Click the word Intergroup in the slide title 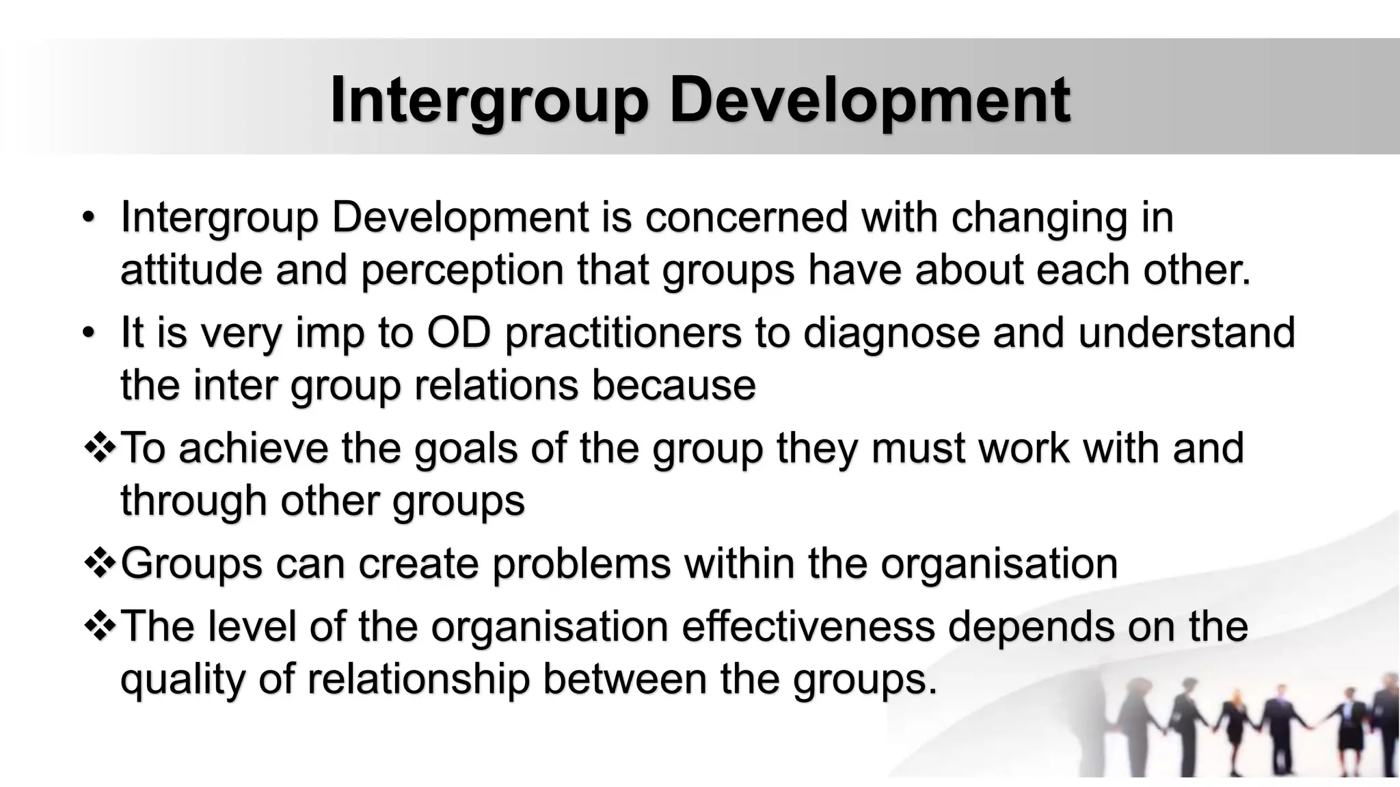pos(488,101)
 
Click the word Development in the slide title pos(870,101)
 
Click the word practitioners pos(623,334)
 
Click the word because pos(673,385)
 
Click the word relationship pos(418,679)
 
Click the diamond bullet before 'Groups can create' pos(100,564)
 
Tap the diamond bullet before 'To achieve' pos(100,449)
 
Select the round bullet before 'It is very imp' pos(87,334)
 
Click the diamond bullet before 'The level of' pos(100,626)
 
